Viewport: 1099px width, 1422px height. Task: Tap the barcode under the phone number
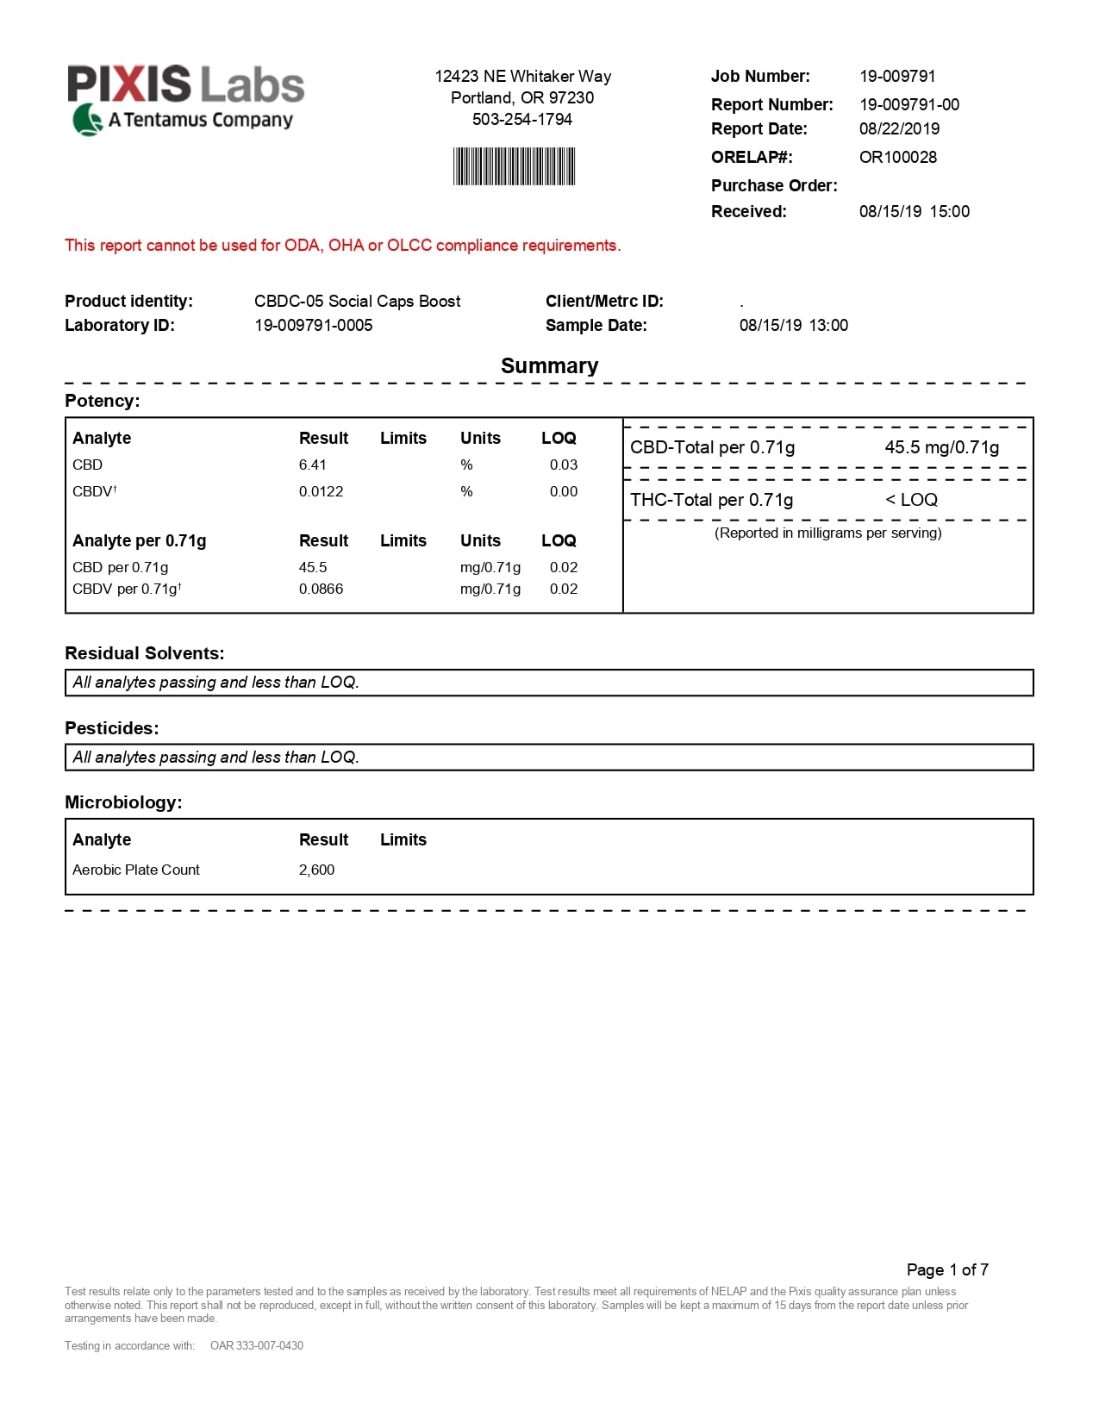pos(514,166)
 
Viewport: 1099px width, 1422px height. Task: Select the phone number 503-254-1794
pos(521,120)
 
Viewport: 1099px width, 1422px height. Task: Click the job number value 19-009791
pos(896,77)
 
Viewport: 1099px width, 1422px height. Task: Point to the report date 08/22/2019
pos(899,129)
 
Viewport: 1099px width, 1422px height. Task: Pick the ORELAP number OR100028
pos(897,158)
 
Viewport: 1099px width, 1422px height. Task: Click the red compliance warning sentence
pos(342,246)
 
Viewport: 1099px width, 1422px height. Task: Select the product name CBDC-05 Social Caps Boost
pos(357,302)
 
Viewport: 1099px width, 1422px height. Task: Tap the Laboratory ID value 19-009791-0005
pos(313,326)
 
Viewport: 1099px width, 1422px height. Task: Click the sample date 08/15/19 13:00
pos(793,326)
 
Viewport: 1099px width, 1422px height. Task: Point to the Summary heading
pos(549,366)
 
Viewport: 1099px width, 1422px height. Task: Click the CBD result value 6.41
pos(312,465)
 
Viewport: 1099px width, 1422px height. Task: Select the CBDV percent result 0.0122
pos(321,492)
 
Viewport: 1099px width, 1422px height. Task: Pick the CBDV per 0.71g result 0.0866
pos(321,589)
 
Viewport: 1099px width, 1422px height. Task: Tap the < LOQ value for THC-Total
pos(911,501)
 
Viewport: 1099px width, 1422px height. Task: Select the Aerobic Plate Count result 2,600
pos(316,870)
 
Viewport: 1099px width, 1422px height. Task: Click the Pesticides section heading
pos(111,729)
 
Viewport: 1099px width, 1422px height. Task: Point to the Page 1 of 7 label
pos(946,1270)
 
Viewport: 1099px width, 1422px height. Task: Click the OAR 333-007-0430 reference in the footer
pos(256,1346)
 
